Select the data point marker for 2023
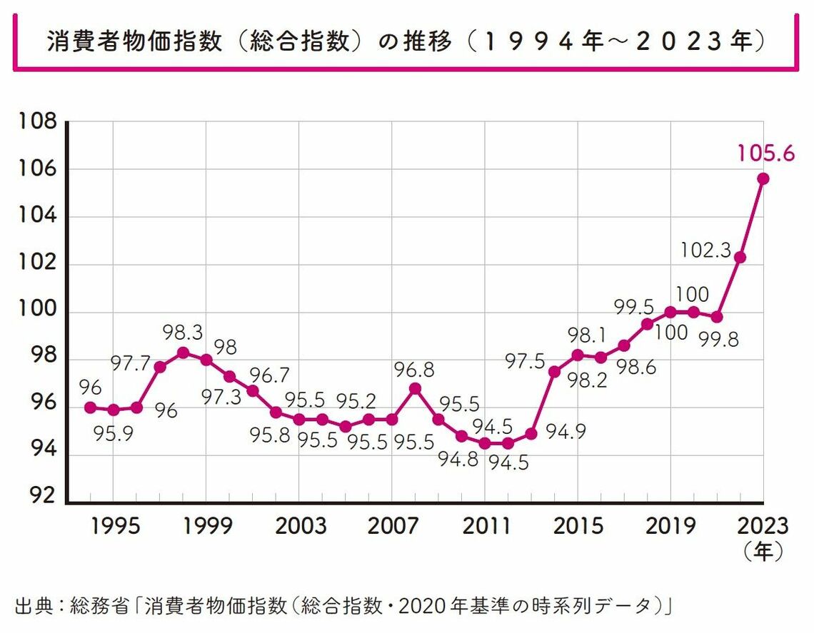click(763, 178)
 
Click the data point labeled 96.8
click(416, 389)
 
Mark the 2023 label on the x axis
click(763, 526)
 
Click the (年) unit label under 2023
click(763, 551)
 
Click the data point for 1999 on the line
click(206, 360)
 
